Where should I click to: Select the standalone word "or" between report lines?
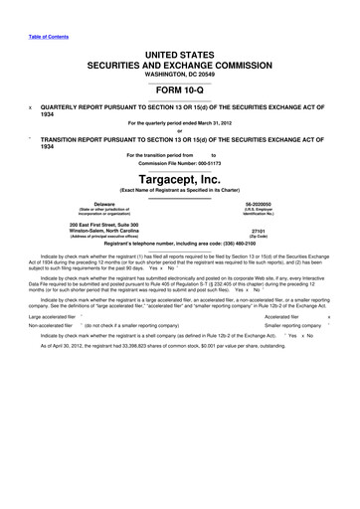pos(180,130)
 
